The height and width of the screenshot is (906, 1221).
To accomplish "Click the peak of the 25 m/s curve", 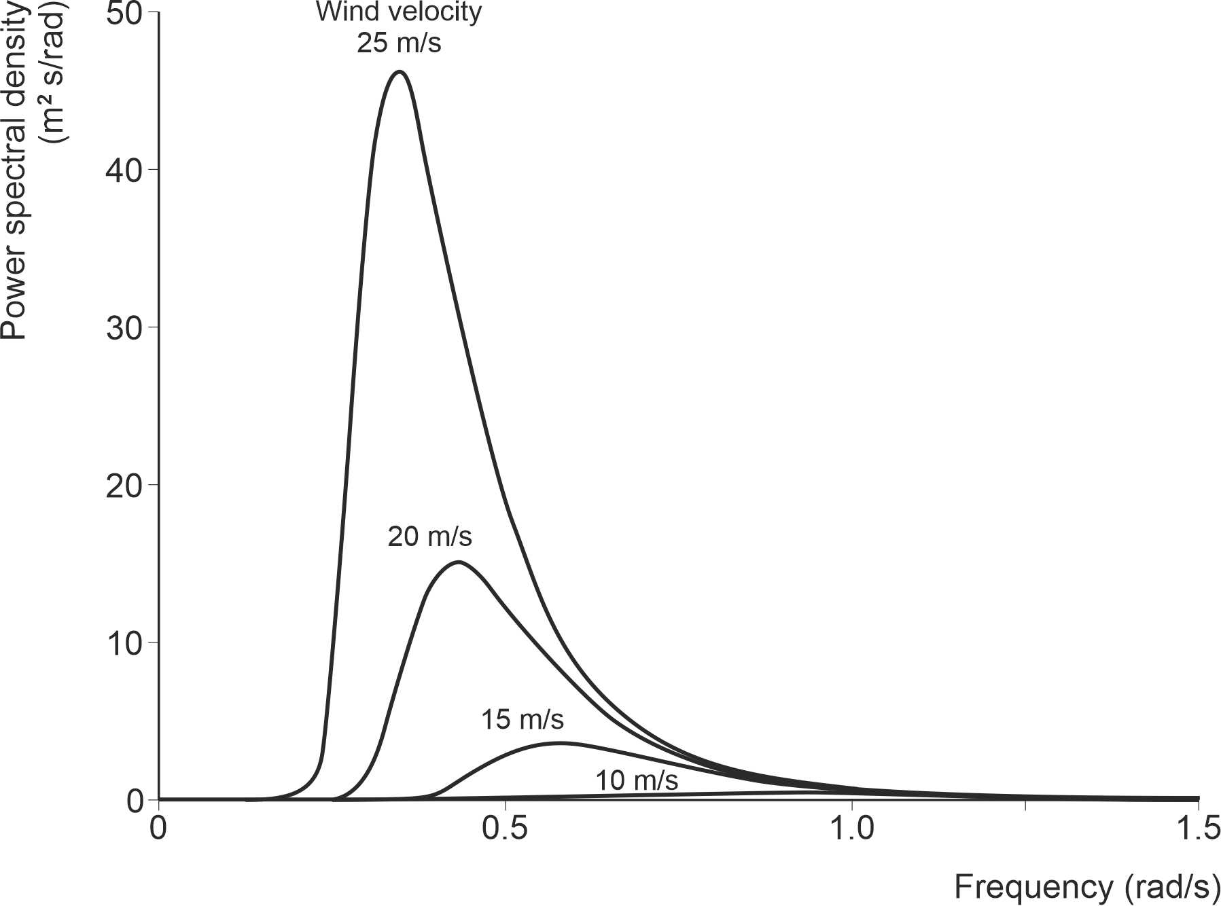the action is point(400,71).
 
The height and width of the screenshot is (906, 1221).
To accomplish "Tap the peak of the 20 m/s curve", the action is point(459,562).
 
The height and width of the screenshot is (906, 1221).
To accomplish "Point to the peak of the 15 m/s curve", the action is point(561,743).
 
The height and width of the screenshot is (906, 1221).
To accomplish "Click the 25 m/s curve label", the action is point(399,43).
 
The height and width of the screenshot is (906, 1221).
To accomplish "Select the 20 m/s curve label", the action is point(429,537).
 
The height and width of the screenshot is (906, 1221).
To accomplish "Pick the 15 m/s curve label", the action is point(523,719).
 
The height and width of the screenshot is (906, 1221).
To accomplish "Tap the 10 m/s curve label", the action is point(637,780).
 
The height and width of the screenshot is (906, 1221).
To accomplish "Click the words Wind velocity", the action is point(399,12).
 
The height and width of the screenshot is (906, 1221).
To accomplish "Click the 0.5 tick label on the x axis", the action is point(505,829).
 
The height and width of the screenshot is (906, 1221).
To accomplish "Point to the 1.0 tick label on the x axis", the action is point(852,829).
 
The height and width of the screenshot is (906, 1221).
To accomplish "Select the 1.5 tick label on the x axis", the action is point(1197,829).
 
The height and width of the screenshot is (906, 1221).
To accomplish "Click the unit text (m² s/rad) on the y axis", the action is point(54,75).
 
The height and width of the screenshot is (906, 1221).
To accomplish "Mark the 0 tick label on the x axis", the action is point(158,829).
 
